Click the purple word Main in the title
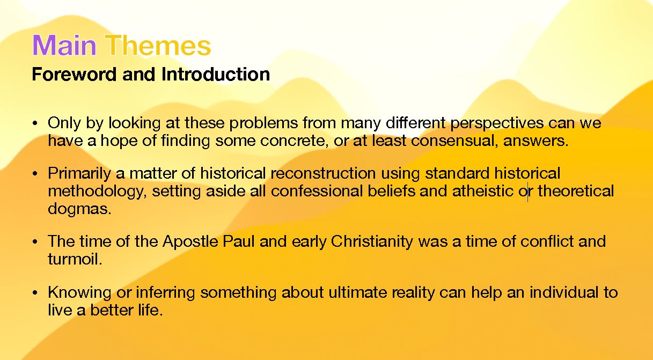click(x=64, y=45)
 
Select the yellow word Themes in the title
click(x=158, y=45)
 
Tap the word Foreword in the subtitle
click(x=75, y=74)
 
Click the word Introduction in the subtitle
click(x=216, y=74)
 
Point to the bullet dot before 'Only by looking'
click(x=35, y=123)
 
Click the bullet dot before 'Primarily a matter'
click(x=35, y=174)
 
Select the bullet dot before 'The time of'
click(x=35, y=241)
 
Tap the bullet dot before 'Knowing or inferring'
click(x=35, y=292)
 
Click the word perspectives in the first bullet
click(x=497, y=123)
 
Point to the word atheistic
click(x=483, y=191)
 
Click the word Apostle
click(x=190, y=242)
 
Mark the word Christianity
click(x=372, y=242)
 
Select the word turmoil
click(x=75, y=259)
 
